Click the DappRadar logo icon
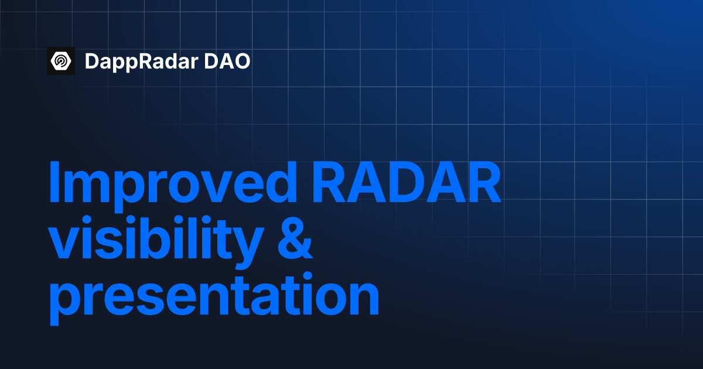[x=61, y=61]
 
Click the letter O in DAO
[x=241, y=61]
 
